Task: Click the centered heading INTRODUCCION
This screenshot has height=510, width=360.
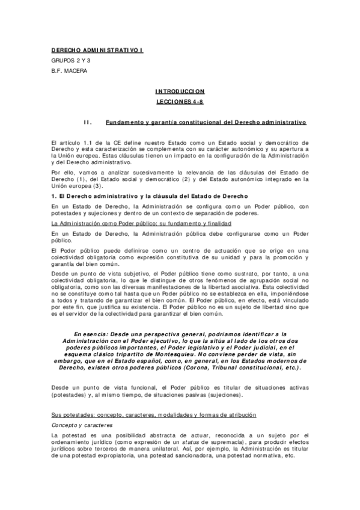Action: click(x=180, y=91)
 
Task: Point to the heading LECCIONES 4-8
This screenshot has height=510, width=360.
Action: click(x=180, y=102)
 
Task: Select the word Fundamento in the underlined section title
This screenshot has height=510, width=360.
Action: click(x=123, y=121)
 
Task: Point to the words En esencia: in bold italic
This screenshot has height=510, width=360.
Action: click(x=93, y=334)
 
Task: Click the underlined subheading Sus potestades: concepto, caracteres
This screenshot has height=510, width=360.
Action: click(x=154, y=399)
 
